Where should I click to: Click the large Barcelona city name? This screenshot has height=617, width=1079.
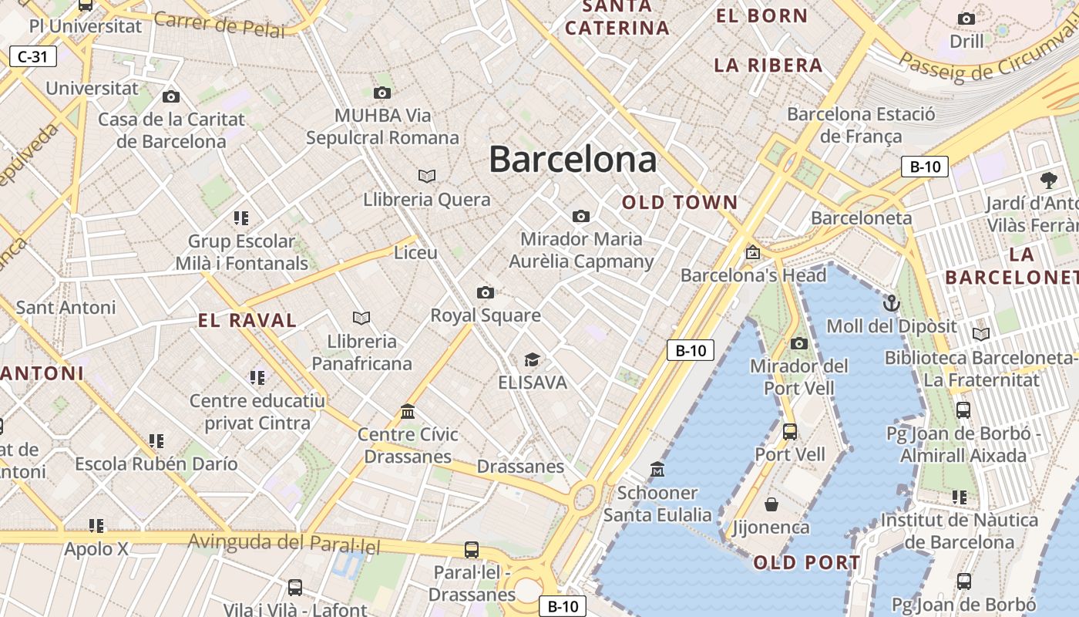tap(573, 160)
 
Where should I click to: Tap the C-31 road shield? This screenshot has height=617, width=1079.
tap(33, 56)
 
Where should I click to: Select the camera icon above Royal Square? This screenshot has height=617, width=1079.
tap(485, 292)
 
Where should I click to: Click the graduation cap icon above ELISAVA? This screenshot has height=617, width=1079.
tap(532, 359)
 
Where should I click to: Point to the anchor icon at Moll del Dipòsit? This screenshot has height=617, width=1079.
tap(891, 302)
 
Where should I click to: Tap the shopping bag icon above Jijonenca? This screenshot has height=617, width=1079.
tap(771, 504)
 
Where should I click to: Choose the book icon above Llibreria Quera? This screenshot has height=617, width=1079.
tap(426, 177)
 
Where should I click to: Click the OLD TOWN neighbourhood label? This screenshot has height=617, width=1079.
tap(680, 203)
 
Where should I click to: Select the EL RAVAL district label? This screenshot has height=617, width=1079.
tap(247, 321)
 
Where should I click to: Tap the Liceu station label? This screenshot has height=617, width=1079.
tap(415, 253)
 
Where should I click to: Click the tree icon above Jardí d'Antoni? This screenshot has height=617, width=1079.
tap(1048, 181)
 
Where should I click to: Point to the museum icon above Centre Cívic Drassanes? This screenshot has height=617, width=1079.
tap(408, 412)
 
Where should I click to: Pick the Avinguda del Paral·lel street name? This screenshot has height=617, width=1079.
tap(284, 542)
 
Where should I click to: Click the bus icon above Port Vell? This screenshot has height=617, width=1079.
tap(789, 432)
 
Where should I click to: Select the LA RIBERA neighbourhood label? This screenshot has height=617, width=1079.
tap(768, 66)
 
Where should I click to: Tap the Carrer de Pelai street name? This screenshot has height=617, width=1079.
tap(219, 25)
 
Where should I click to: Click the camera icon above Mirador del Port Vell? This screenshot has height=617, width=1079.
tap(798, 343)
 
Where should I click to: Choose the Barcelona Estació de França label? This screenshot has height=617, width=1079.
tap(861, 126)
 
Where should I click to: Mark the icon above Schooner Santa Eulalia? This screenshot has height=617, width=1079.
tap(657, 469)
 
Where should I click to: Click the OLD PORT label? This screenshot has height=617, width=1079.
tap(806, 563)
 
